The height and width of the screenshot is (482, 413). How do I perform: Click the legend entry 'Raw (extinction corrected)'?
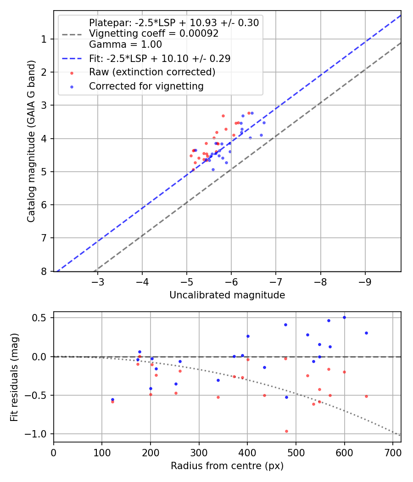click(152, 72)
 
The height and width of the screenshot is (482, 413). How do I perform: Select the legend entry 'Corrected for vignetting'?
click(146, 86)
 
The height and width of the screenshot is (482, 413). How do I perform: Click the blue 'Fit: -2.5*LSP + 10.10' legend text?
click(159, 58)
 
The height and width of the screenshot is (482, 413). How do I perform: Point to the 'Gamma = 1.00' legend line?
click(125, 45)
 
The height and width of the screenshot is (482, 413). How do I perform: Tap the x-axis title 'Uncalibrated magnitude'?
click(227, 295)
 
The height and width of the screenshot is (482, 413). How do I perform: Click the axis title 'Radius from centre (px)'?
click(227, 466)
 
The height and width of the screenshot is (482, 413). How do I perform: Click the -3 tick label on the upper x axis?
click(98, 281)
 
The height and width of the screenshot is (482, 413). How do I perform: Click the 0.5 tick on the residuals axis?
click(42, 318)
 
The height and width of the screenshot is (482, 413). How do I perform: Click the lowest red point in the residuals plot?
click(286, 431)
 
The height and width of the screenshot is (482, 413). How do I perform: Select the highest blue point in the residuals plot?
click(344, 317)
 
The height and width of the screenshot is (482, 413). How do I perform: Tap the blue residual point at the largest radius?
click(366, 333)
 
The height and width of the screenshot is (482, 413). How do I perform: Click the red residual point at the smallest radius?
click(112, 402)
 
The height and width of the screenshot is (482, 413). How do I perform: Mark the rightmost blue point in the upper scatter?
click(264, 123)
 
